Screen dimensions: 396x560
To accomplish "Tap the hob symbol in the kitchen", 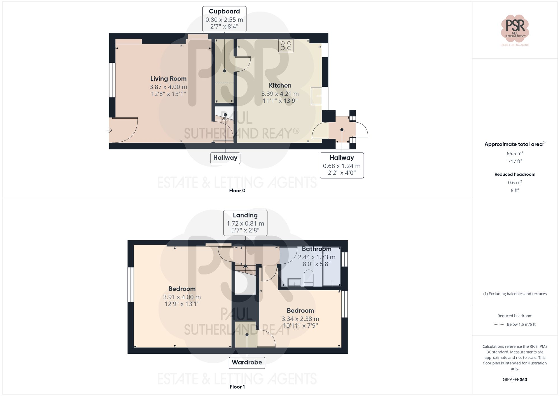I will (x=286, y=46).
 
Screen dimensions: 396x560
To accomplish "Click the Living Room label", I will (x=168, y=79).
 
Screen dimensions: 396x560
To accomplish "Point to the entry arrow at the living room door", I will (x=109, y=130).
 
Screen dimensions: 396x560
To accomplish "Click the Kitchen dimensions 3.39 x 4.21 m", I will (x=280, y=94).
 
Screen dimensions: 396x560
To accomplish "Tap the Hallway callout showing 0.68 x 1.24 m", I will (x=342, y=165).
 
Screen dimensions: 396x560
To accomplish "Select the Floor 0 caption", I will (x=237, y=191).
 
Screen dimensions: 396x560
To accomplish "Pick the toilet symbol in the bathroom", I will (x=309, y=277).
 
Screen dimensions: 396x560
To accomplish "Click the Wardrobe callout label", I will (x=247, y=362).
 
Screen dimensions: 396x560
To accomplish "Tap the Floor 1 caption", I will (x=237, y=387).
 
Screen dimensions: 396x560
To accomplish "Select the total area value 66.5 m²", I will (x=515, y=153).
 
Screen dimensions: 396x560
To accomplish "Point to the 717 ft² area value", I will (x=515, y=161).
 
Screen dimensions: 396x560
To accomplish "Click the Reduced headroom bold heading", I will (x=515, y=174).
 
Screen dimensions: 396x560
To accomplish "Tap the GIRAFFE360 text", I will (x=515, y=380).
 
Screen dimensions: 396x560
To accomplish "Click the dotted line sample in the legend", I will (x=499, y=325).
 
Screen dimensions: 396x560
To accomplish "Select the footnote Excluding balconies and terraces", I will (x=515, y=294).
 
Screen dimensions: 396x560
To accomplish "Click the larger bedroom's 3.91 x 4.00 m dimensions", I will (x=182, y=297).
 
